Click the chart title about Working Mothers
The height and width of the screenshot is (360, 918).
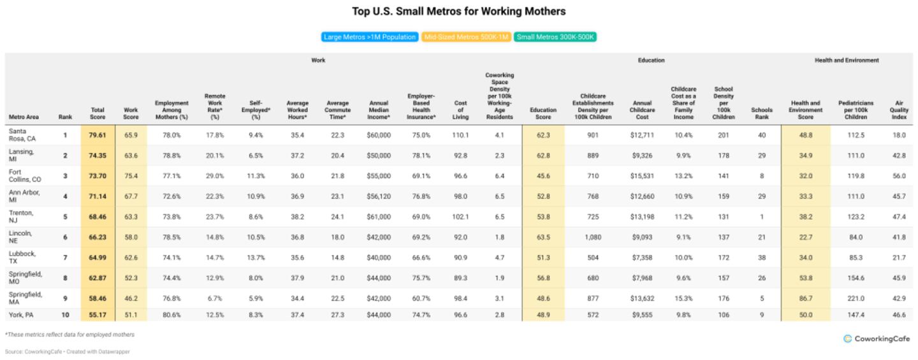coord(459,11)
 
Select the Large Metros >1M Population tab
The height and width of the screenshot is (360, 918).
coord(370,37)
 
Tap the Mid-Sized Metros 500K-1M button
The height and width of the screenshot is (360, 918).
coord(466,37)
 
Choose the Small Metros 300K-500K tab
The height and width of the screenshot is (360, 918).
coord(555,37)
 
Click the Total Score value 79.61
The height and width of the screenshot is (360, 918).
coord(98,135)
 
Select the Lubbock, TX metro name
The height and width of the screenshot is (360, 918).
coord(22,257)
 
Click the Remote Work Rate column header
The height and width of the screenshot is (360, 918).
coord(215,106)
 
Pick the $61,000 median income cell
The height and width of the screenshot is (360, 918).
coord(379,217)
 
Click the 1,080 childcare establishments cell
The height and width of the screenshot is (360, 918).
coord(593,237)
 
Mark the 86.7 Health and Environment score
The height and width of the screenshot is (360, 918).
coord(806,298)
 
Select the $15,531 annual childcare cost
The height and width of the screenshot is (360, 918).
coord(642,176)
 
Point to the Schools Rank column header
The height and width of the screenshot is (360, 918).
coord(762,113)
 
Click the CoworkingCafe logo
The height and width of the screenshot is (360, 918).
coord(877,339)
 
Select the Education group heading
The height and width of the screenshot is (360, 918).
coord(651,61)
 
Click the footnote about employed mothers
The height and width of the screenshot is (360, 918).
coord(70,335)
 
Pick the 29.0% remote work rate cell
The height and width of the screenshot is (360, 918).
coord(215,176)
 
